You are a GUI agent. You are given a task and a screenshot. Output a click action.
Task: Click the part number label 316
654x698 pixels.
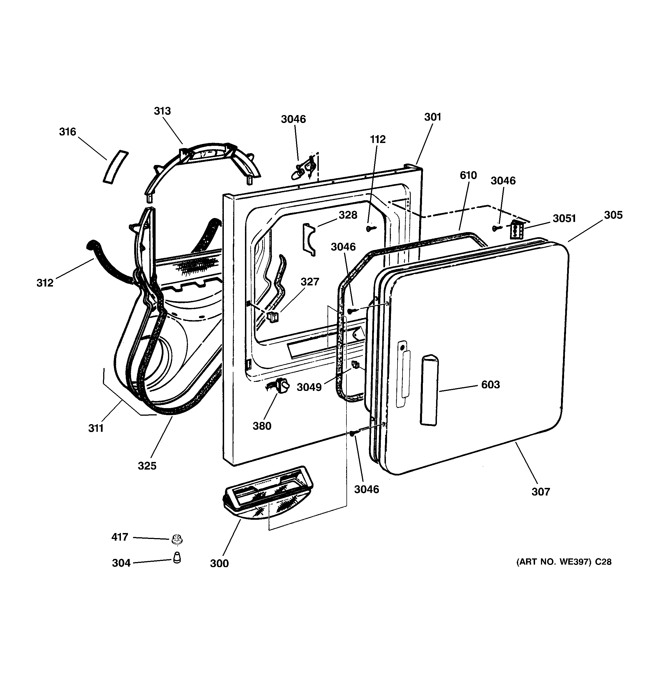coord(67,132)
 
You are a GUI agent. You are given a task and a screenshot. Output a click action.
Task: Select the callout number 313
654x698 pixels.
coord(162,111)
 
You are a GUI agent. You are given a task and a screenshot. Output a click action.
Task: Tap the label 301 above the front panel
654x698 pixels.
coord(432,117)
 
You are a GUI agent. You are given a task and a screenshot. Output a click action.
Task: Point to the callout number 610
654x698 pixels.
coord(468,175)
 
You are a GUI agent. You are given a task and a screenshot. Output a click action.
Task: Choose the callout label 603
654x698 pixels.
coord(490,384)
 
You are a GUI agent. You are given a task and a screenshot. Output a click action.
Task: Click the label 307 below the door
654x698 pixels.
coord(541,492)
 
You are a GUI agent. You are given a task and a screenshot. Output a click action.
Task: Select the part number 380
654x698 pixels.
coord(262,426)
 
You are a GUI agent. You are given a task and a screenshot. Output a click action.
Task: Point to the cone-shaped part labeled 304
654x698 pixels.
coord(177,557)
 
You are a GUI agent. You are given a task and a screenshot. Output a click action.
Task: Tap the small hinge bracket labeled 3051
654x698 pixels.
coord(517,230)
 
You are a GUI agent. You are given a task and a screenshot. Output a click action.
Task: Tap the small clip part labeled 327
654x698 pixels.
coord(273,317)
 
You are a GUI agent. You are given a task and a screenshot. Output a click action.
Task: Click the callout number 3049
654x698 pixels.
coord(309,387)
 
